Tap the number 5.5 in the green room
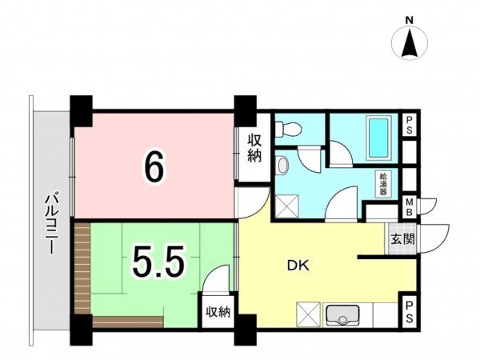(x=158, y=260)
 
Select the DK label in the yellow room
(x=298, y=266)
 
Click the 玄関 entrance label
(x=402, y=239)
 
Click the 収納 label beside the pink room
(x=254, y=149)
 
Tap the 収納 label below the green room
(x=218, y=312)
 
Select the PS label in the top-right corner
(x=410, y=125)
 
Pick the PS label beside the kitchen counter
(x=409, y=312)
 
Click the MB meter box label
(x=409, y=207)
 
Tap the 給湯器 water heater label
(x=382, y=184)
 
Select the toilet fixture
(x=288, y=129)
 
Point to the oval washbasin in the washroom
(x=282, y=166)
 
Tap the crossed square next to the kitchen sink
(x=308, y=314)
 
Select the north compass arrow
(x=410, y=43)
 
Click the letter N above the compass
(x=410, y=21)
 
